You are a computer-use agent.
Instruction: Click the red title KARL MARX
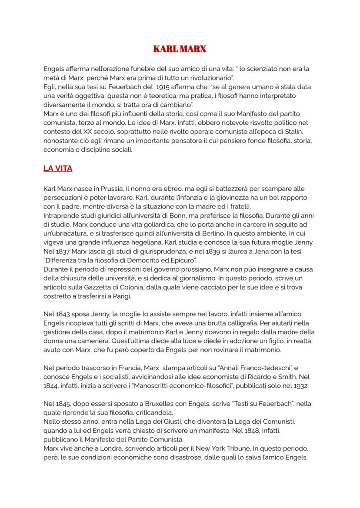coord(180,49)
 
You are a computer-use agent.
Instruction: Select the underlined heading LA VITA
coord(58,169)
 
